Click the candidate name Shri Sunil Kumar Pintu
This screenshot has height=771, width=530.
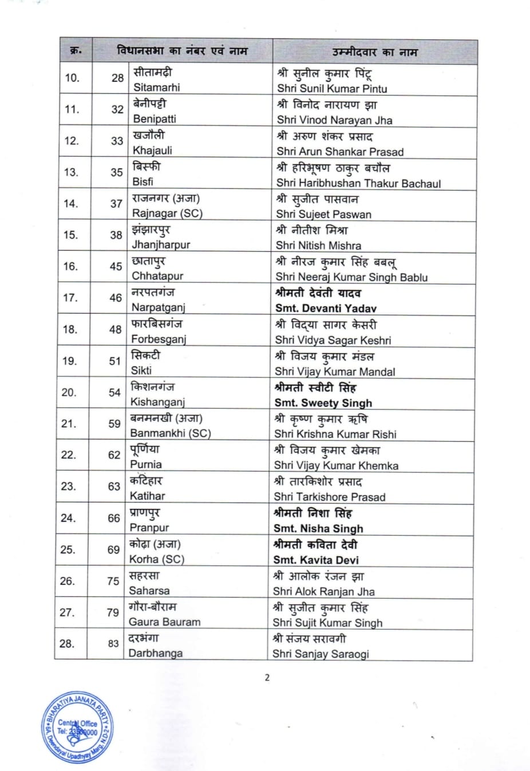click(x=332, y=89)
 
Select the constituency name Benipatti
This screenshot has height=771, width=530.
click(x=155, y=119)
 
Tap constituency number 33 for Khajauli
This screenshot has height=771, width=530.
click(x=117, y=141)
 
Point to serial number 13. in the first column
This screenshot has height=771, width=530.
click(x=71, y=172)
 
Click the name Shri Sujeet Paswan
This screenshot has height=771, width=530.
click(x=323, y=214)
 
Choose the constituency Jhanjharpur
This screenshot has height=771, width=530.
click(x=161, y=244)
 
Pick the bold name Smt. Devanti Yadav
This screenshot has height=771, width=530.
click(x=326, y=308)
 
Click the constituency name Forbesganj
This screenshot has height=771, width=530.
click(x=159, y=339)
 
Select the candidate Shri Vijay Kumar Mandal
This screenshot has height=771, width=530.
click(x=335, y=371)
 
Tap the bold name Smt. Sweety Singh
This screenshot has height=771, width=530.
click(x=323, y=403)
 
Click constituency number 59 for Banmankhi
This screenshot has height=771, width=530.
click(x=114, y=424)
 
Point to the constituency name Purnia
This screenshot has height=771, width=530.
click(x=146, y=464)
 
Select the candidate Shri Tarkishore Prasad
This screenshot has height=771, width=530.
click(x=329, y=497)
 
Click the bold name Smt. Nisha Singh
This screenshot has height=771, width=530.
click(x=318, y=528)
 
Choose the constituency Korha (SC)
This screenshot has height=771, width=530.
click(x=157, y=559)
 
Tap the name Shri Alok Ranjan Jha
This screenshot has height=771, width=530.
click(x=323, y=591)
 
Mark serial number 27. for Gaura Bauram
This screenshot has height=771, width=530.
click(x=67, y=612)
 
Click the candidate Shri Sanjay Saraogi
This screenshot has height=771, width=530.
click(x=321, y=654)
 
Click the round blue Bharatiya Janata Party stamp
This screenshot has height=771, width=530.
click(x=78, y=728)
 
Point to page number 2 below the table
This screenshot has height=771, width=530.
click(x=267, y=678)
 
